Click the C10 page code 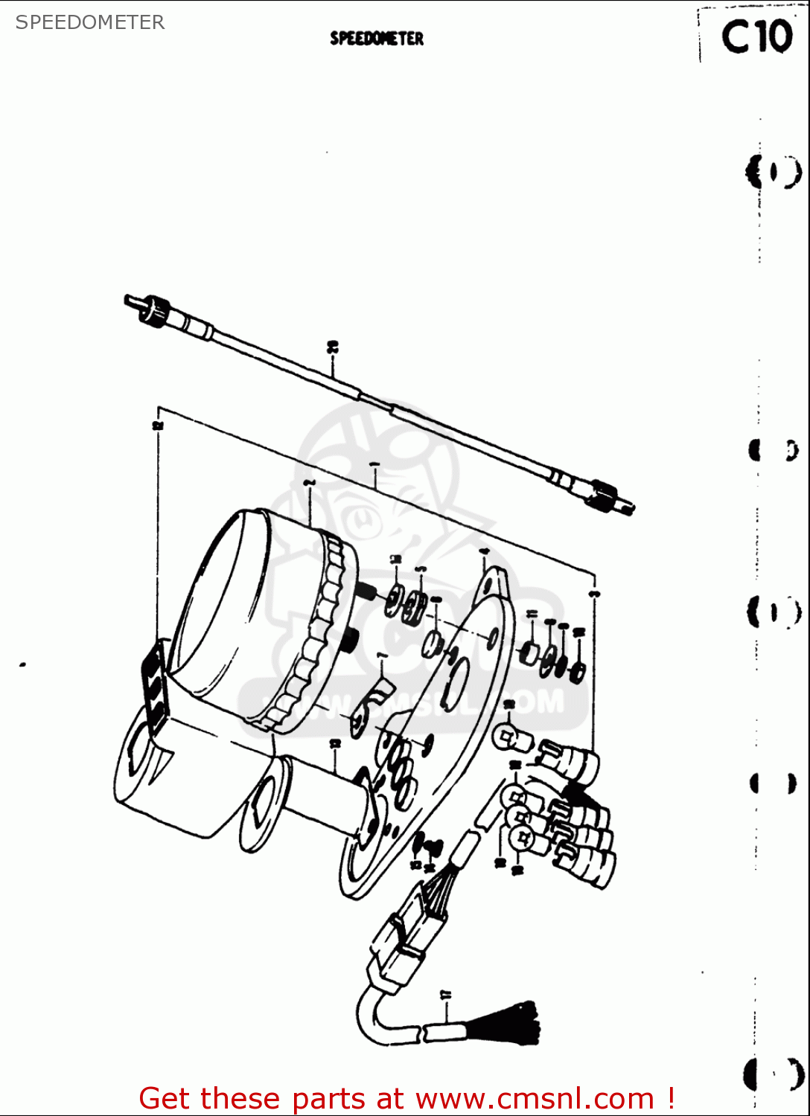[756, 36]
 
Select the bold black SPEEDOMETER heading [377, 39]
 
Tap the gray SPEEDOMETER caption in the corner [90, 22]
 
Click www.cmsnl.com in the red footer [535, 1098]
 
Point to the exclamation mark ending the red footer [671, 1098]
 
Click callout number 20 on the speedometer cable [333, 347]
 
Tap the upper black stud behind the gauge [364, 592]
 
